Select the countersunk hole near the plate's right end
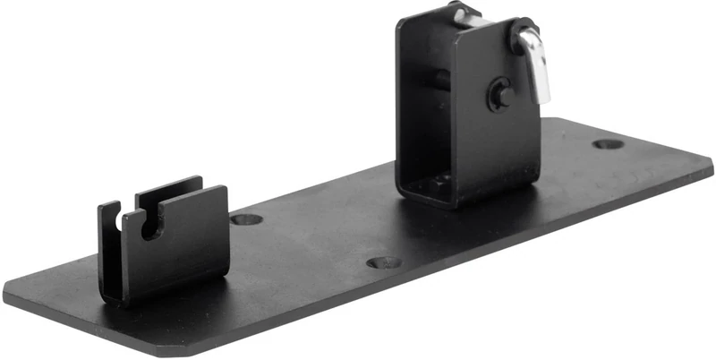608,143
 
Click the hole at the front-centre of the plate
384,263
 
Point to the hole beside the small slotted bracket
245,219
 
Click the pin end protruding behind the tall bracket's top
463,13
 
